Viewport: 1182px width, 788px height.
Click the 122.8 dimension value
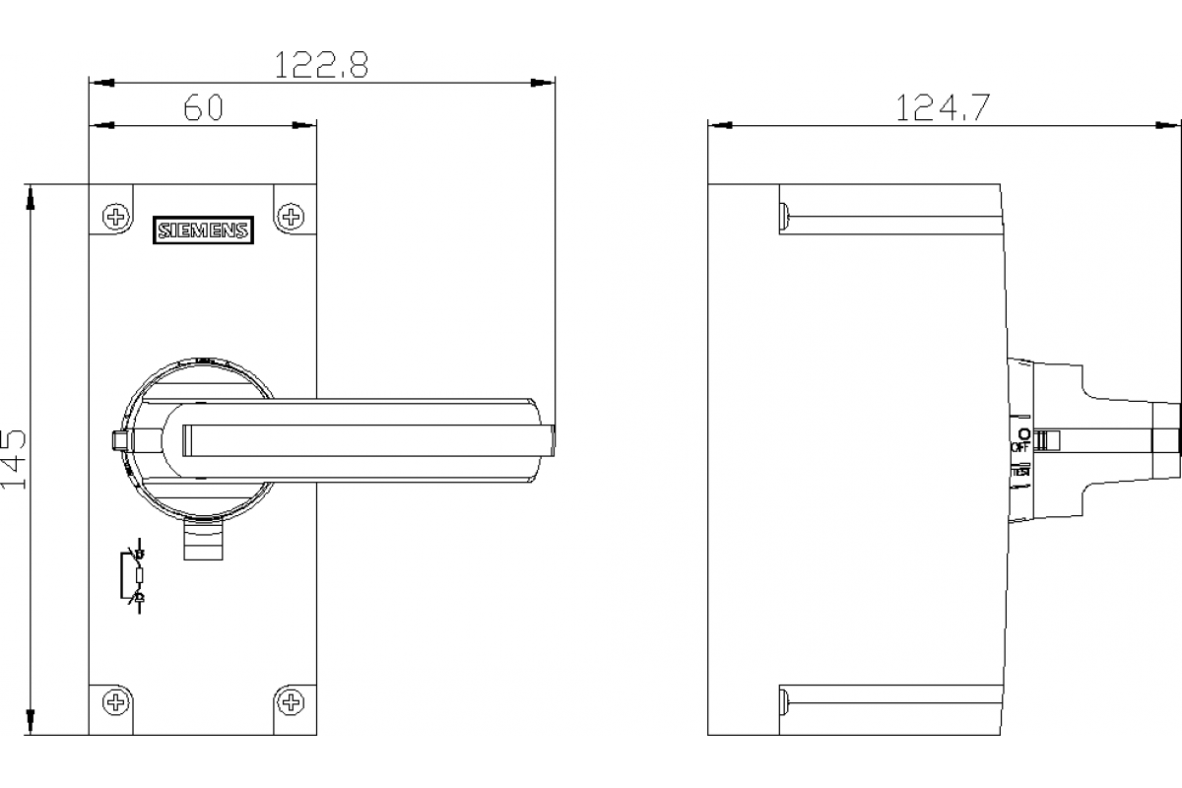point(320,65)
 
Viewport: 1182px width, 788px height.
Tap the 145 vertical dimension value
point(15,460)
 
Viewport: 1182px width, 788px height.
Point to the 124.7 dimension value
point(942,107)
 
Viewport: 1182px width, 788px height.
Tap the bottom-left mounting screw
point(117,702)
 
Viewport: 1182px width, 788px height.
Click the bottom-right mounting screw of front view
point(290,702)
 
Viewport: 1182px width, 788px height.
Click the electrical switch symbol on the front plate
point(136,576)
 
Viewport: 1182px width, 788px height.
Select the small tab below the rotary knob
point(205,541)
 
